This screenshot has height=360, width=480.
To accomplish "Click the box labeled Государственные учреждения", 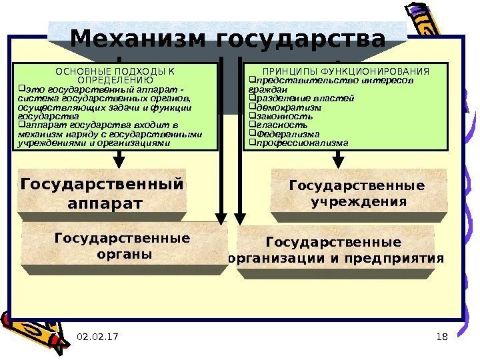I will coord(357,193).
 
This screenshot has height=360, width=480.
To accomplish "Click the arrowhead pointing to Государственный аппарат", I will coord(119,159).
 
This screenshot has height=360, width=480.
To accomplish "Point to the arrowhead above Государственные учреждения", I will coord(339,159).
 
